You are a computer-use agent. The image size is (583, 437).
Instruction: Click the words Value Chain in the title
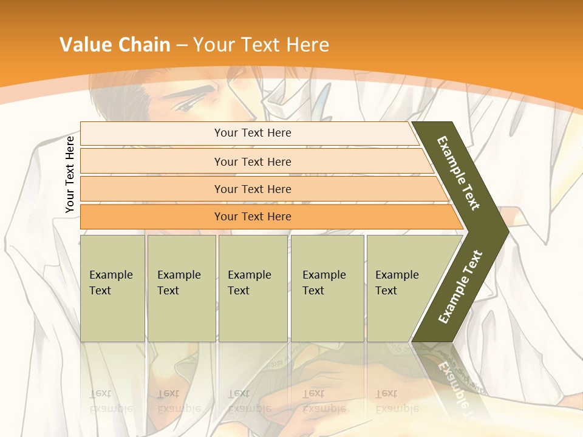tap(115, 45)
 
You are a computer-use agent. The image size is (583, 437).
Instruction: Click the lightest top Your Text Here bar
tap(252, 133)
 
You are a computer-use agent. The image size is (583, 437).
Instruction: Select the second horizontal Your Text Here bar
tap(252, 161)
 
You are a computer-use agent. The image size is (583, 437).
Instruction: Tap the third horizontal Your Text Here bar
tap(252, 189)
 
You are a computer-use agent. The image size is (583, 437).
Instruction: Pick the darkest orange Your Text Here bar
tap(252, 217)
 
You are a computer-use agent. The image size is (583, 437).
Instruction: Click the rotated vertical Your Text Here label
tap(70, 174)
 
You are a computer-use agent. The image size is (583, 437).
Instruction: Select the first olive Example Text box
tap(112, 288)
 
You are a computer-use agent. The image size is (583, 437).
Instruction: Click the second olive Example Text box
tap(181, 288)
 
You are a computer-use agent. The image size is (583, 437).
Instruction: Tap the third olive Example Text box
tap(253, 288)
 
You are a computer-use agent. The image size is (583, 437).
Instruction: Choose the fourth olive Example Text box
tap(327, 288)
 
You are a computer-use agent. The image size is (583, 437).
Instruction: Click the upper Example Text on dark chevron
tap(459, 173)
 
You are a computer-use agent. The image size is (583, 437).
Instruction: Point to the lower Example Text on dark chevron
tap(460, 286)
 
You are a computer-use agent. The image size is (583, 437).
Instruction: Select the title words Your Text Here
tap(261, 45)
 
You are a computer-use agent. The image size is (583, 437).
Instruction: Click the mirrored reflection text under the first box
tap(111, 401)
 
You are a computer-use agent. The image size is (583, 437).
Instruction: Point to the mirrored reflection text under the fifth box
tap(397, 401)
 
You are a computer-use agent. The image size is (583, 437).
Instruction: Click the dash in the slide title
tap(182, 46)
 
